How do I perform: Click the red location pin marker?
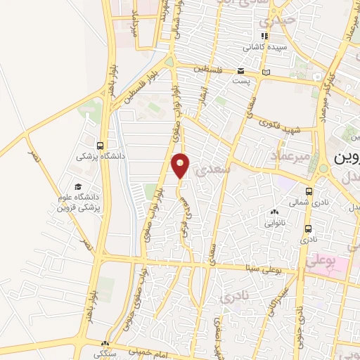click(181, 166)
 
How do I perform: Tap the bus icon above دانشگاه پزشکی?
click(102, 146)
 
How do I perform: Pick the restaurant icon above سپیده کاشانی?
click(264, 37)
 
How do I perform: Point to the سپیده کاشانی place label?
click(260, 48)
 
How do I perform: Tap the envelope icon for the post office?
click(240, 71)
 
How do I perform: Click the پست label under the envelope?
click(240, 82)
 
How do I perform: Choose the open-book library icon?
click(265, 72)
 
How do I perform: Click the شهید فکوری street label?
click(283, 127)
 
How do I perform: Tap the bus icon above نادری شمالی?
click(309, 191)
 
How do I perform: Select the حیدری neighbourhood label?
click(276, 20)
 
